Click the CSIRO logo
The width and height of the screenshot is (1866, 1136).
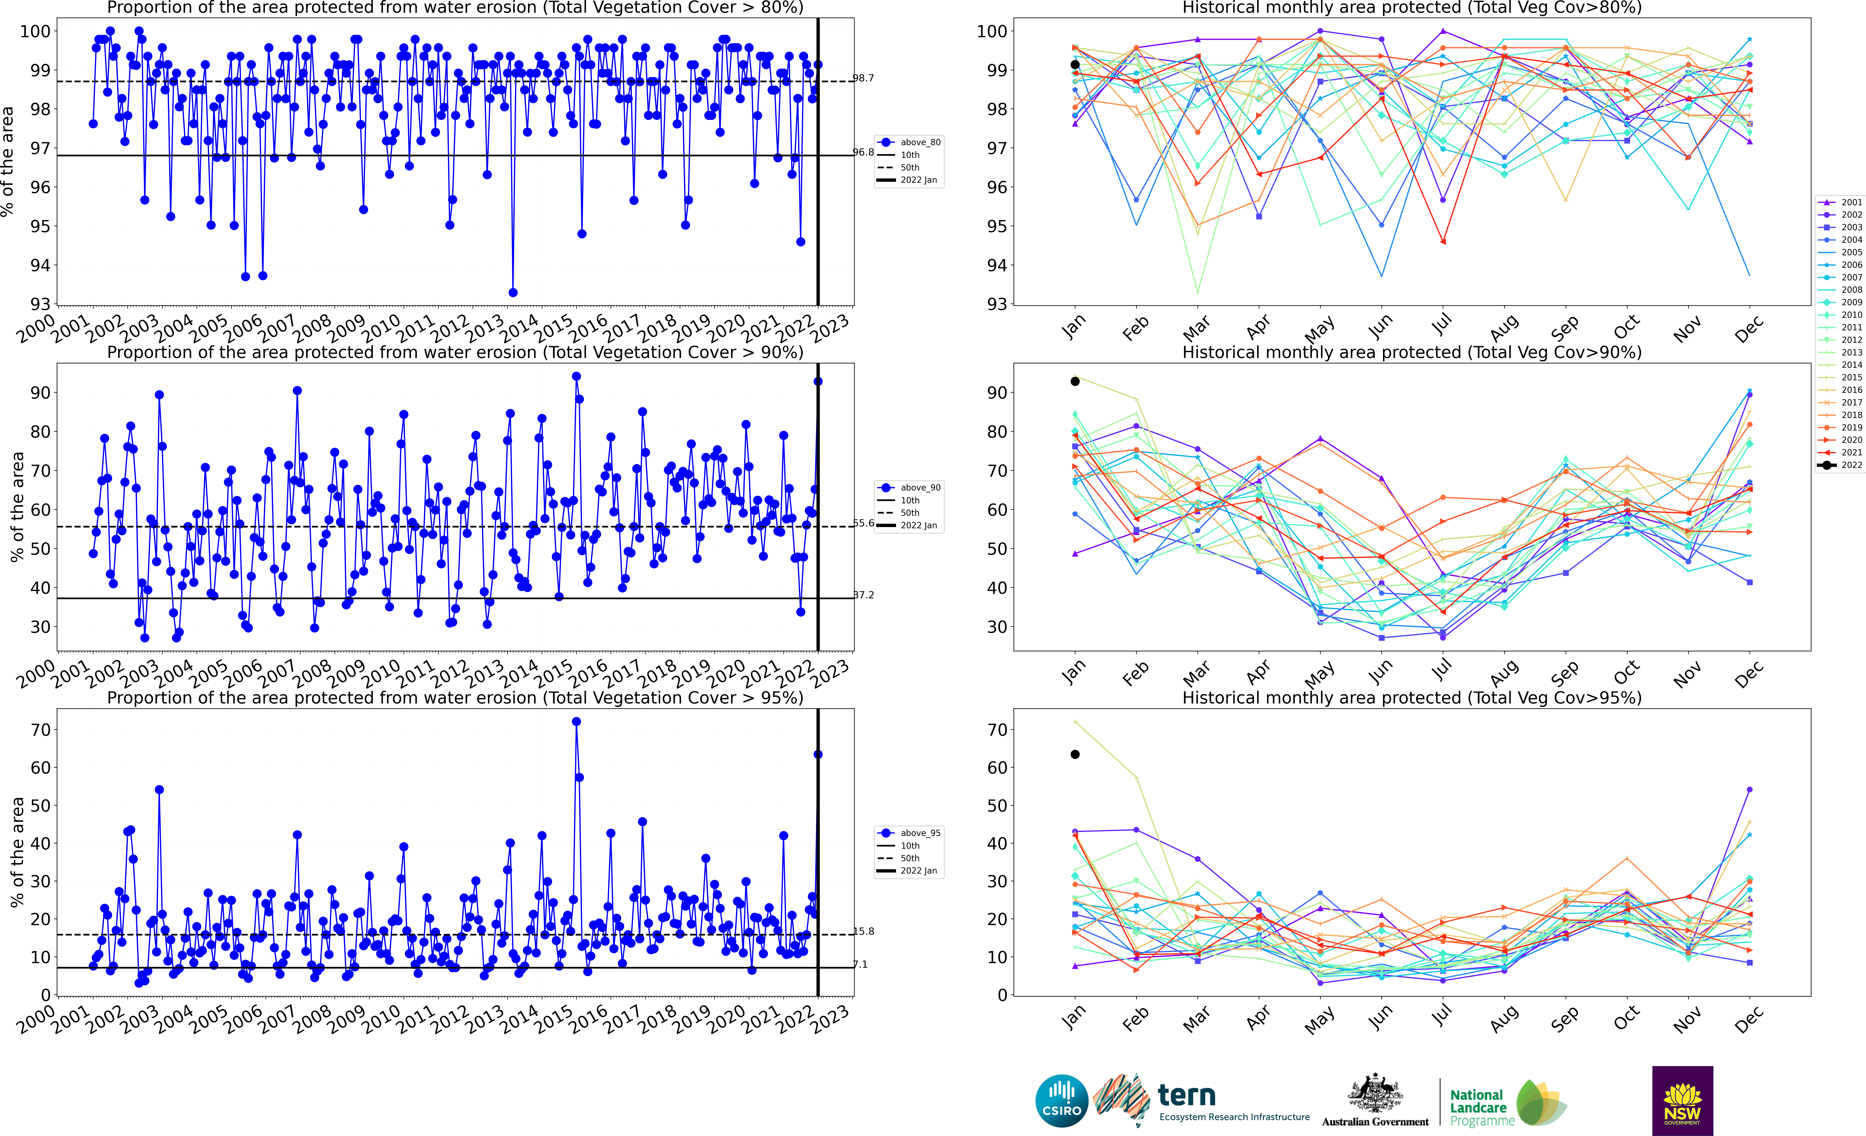(x=1062, y=1100)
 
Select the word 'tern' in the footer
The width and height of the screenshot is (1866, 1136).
(x=1187, y=1095)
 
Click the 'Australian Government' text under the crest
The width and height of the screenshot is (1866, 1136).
(x=1375, y=1122)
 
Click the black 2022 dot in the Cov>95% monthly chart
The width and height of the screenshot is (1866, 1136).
(x=1075, y=754)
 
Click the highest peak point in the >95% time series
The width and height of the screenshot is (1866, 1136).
(x=576, y=722)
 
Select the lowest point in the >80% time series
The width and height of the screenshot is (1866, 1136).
(x=513, y=292)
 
